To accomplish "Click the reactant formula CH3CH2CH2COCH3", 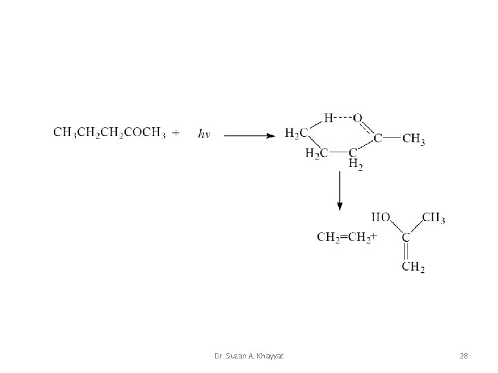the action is point(109,133).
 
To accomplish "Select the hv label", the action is point(204,134).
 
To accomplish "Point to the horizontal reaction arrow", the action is point(249,135).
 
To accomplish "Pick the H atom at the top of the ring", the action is point(329,118).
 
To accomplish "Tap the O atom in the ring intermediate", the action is point(358,118).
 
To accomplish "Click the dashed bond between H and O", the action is point(343,118).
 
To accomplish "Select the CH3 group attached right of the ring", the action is point(414,139).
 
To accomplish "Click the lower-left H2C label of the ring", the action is point(316,153).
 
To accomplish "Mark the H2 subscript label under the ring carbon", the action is point(356,164).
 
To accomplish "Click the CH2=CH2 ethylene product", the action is point(344,238).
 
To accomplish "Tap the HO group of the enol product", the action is point(381,219).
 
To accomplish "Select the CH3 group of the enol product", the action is point(433,219).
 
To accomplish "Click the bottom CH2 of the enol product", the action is point(414,267).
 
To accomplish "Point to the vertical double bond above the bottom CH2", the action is point(406,252).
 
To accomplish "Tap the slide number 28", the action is point(463,355).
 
